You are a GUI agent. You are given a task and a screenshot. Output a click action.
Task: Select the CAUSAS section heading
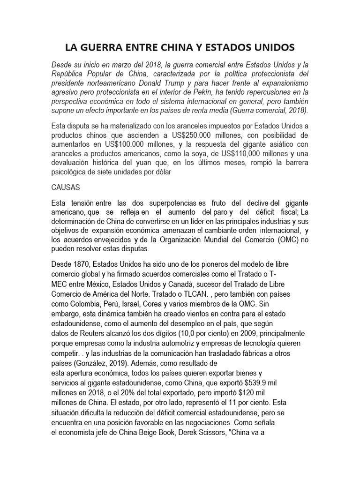[66, 187]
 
